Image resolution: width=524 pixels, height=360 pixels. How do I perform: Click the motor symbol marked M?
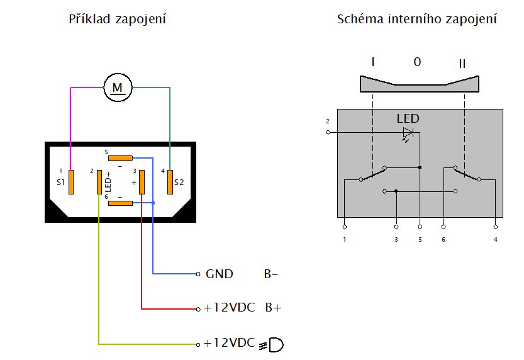pos(118,87)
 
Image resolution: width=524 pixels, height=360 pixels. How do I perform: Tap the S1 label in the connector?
pos(60,182)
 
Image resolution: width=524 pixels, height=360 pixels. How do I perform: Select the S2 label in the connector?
pos(179,182)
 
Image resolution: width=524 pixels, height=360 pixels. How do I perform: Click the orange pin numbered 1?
pos(71,182)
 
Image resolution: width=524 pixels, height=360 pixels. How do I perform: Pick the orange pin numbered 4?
pos(170,182)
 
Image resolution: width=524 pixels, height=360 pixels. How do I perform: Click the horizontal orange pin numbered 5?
pos(120,158)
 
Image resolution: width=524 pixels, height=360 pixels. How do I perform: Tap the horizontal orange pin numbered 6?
pos(120,203)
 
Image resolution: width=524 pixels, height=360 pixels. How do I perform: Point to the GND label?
pos(219,274)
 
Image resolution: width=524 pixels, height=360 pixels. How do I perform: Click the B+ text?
pos(274,308)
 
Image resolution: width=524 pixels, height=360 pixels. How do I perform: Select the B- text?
pos(270,274)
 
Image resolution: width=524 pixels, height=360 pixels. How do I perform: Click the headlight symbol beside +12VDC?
pos(271,345)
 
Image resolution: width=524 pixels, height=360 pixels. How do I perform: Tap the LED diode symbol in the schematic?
pos(408,133)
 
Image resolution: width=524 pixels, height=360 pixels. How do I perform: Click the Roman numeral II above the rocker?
pos(462,64)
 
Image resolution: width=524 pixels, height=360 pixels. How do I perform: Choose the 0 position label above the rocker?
pos(417,62)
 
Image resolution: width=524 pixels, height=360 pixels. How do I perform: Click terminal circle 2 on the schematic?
pos(328,132)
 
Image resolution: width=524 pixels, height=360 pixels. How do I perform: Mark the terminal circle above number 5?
pos(420,227)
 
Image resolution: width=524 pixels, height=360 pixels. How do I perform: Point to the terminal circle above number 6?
pos(443,227)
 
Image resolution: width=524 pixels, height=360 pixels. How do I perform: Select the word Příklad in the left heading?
pos(89,19)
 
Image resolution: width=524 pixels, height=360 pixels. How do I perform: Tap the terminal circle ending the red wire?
pos(198,310)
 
